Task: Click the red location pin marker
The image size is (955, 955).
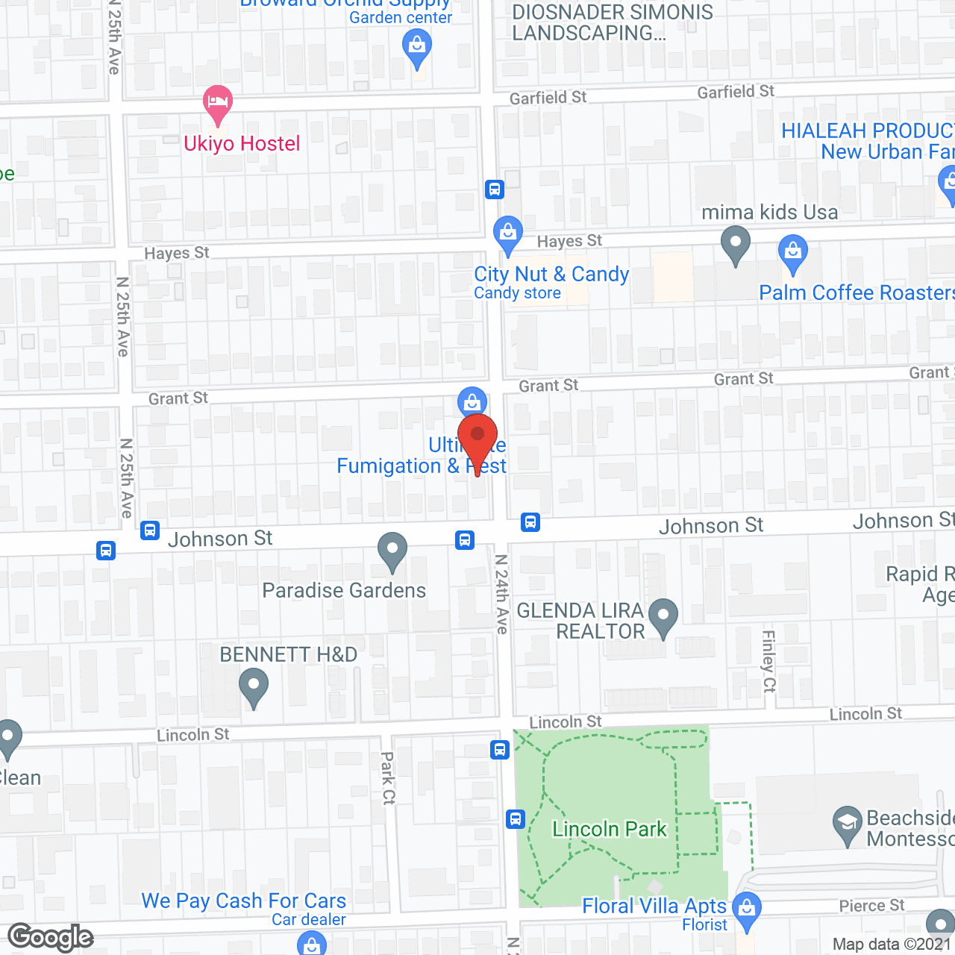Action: click(x=477, y=439)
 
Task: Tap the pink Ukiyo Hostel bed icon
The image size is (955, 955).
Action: click(x=218, y=101)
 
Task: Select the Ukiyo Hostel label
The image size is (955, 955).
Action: click(x=242, y=143)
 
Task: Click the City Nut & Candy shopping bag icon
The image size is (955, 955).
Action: click(x=508, y=232)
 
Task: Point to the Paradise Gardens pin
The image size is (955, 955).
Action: click(x=392, y=551)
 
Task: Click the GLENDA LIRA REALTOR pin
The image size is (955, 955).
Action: click(x=663, y=616)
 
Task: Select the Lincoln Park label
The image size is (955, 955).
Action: click(x=609, y=829)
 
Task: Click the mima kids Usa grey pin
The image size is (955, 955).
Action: click(x=736, y=243)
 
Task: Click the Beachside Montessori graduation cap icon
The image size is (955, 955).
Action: click(x=847, y=824)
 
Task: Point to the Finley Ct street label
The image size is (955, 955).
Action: click(x=768, y=661)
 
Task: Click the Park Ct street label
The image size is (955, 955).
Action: click(x=388, y=777)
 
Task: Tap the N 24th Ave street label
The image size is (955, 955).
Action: click(x=501, y=594)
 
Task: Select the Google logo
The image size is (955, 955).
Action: click(x=51, y=937)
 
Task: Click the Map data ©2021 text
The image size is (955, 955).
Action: click(x=892, y=944)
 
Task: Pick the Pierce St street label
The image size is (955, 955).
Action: click(x=871, y=906)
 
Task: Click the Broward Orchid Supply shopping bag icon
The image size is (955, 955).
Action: click(x=417, y=47)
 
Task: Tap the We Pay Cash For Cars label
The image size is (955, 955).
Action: click(x=244, y=901)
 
